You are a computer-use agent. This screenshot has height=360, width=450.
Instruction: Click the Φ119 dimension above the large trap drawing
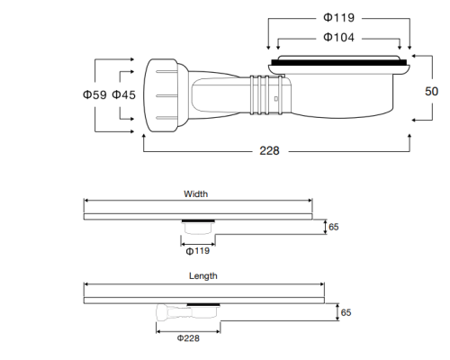[338, 18]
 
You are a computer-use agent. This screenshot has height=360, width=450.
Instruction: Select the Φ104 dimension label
[338, 37]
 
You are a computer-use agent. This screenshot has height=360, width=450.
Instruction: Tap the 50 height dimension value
[432, 91]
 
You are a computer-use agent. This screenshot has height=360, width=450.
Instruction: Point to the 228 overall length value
[268, 150]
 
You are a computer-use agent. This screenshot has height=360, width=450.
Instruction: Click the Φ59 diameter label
[96, 95]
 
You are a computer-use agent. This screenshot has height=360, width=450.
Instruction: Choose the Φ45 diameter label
[124, 95]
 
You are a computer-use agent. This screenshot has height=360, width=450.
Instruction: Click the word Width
[195, 193]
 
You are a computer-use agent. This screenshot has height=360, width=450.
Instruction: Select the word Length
[202, 276]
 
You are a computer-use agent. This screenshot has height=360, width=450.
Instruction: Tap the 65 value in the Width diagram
[333, 227]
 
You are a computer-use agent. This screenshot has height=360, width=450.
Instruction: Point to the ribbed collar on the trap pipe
[261, 94]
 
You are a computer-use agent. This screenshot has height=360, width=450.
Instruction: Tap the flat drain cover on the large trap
[338, 63]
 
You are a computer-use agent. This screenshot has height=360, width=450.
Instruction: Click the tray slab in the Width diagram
[197, 216]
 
